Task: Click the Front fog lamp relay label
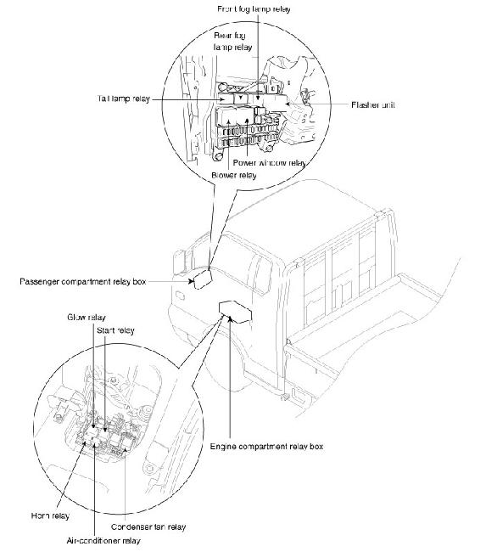pyautogui.click(x=254, y=8)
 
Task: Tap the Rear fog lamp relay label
pyautogui.click(x=232, y=42)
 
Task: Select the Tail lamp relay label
pyautogui.click(x=124, y=99)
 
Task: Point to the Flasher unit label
pyautogui.click(x=373, y=104)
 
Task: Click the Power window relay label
pyautogui.click(x=270, y=163)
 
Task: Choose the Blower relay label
pyautogui.click(x=234, y=175)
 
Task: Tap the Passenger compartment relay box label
pyautogui.click(x=82, y=282)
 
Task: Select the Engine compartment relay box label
pyautogui.click(x=266, y=447)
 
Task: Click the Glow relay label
pyautogui.click(x=87, y=318)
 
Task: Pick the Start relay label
pyautogui.click(x=115, y=330)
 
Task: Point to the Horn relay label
pyautogui.click(x=50, y=515)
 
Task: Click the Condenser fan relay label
pyautogui.click(x=148, y=527)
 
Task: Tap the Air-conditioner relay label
pyautogui.click(x=103, y=540)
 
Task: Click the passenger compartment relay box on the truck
pyautogui.click(x=203, y=279)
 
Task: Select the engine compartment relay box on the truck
pyautogui.click(x=235, y=312)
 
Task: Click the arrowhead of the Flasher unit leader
pyautogui.click(x=288, y=104)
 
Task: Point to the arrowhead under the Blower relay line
pyautogui.click(x=229, y=121)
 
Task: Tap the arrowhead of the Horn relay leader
pyautogui.click(x=84, y=442)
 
